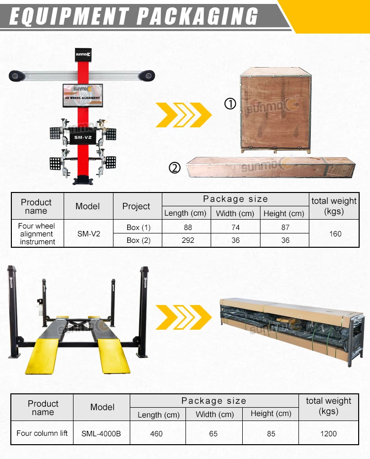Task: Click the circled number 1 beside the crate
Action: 230,104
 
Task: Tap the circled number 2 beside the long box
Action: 175,168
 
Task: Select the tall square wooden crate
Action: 275,110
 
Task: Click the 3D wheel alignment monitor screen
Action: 83,93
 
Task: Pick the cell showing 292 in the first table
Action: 187,240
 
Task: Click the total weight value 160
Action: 335,233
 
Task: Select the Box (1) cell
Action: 138,228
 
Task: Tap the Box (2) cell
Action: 138,240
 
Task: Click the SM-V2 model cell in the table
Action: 88,233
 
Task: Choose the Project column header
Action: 136,206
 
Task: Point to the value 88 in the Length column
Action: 187,228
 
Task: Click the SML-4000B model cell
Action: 101,434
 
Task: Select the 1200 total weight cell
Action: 328,434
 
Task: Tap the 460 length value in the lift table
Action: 156,434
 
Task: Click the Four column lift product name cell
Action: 42,433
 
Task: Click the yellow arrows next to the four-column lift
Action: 184,316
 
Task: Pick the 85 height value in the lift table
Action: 270,434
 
